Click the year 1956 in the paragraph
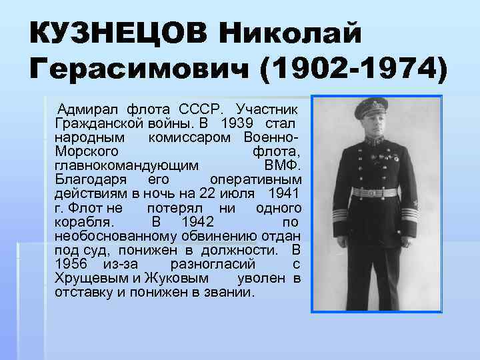(73, 264)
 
